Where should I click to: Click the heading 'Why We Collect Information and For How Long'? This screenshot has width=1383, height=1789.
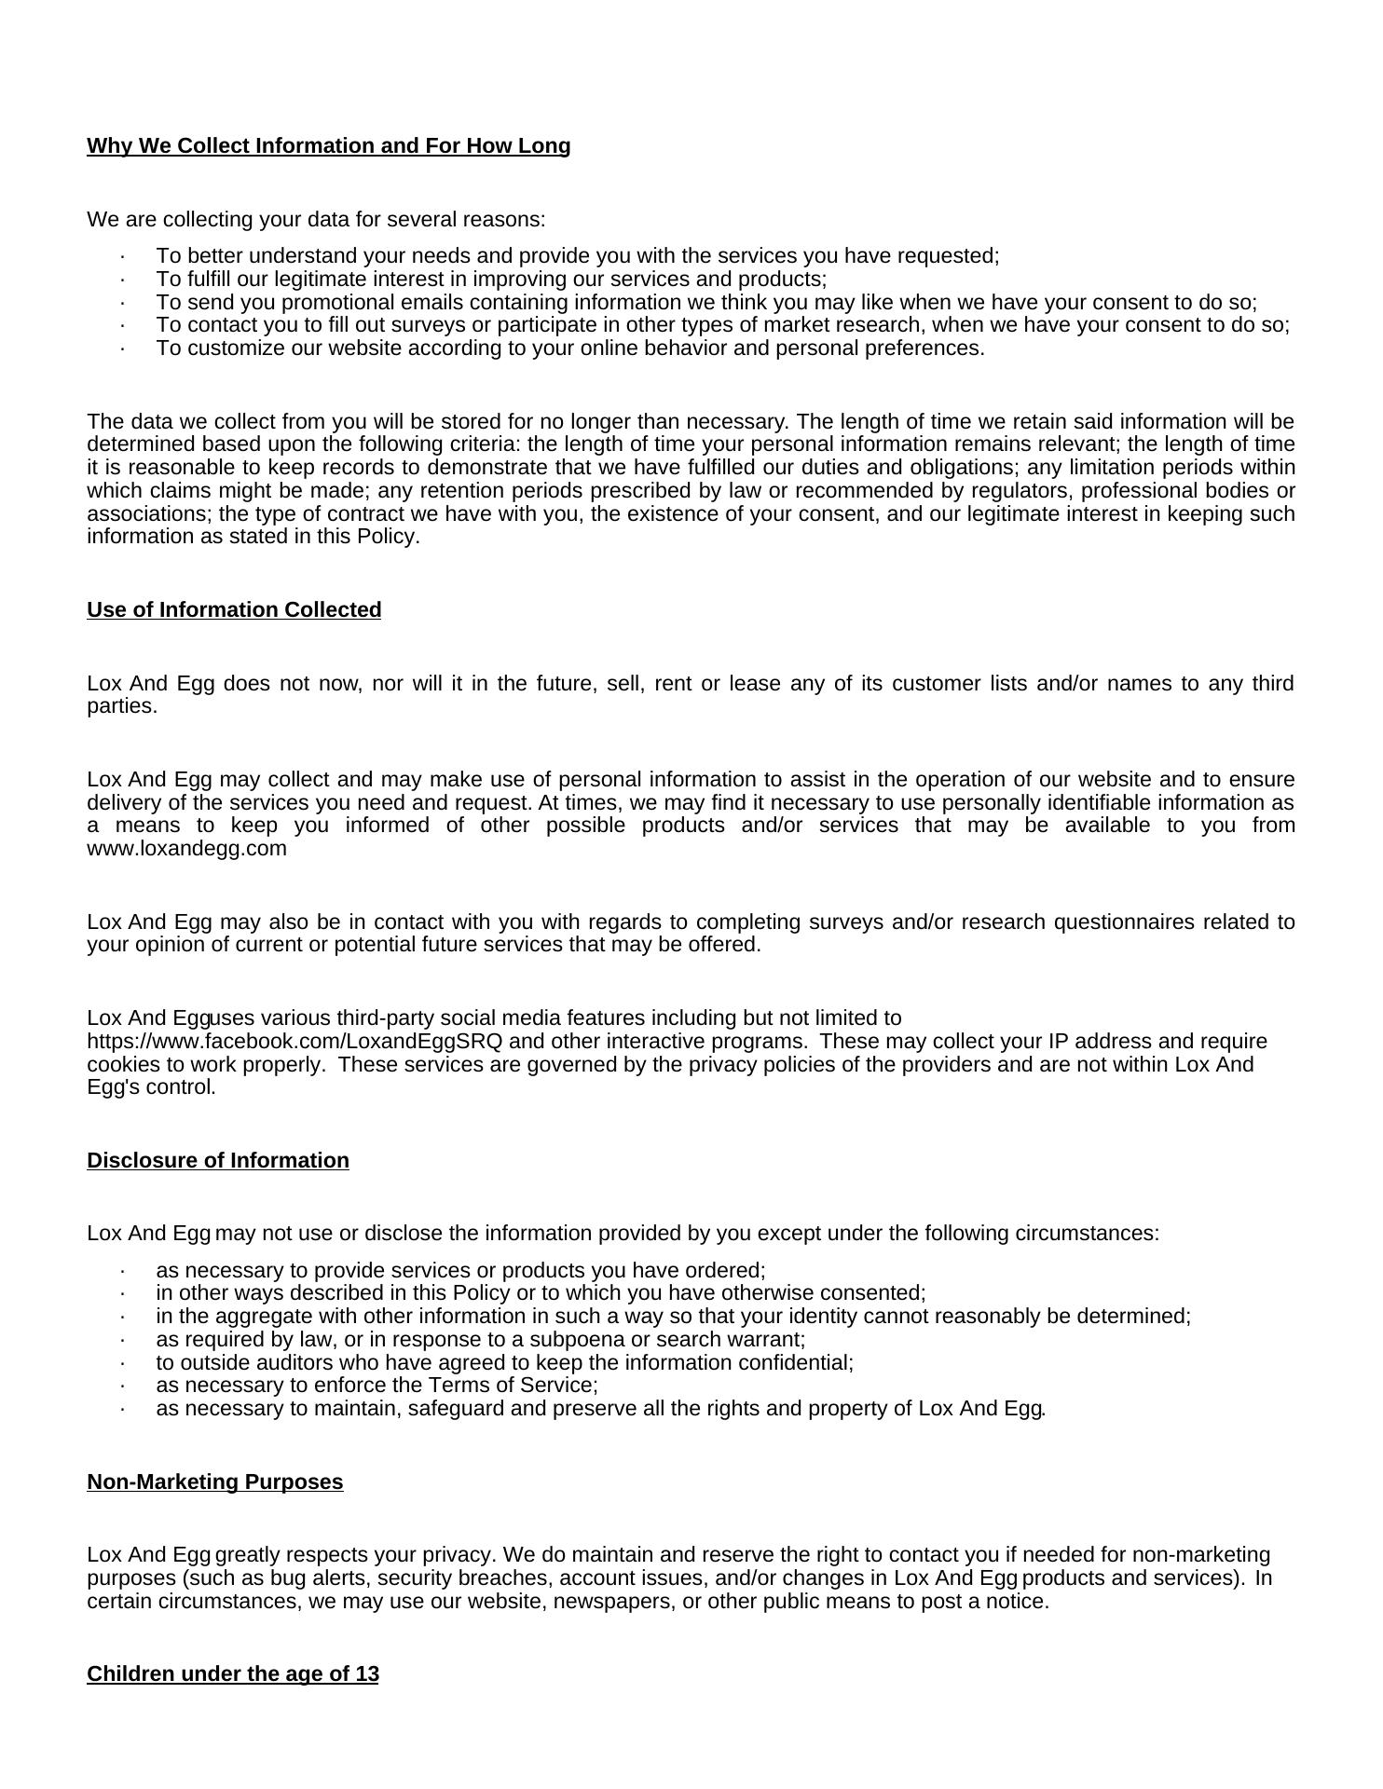tap(328, 146)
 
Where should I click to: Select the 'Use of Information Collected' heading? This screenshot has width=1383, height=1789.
tap(234, 610)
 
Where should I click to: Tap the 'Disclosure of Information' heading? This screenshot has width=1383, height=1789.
tap(218, 1161)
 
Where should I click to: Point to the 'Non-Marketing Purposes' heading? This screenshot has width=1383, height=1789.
tap(215, 1482)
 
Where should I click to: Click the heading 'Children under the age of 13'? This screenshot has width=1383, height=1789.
tap(233, 1674)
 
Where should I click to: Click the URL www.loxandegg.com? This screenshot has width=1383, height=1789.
tap(187, 850)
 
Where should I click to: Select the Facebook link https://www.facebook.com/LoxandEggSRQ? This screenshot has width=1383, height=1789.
tap(294, 1042)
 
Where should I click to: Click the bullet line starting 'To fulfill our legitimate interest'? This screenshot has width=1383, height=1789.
tap(491, 280)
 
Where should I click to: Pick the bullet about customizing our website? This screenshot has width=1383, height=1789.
tap(570, 348)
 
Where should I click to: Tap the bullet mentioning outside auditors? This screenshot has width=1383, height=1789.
tap(504, 1363)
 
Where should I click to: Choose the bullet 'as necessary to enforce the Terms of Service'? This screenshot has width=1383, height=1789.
tap(377, 1386)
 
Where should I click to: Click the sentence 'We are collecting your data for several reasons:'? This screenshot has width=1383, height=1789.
tap(316, 220)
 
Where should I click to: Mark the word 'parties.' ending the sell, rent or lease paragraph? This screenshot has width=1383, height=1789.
tap(122, 706)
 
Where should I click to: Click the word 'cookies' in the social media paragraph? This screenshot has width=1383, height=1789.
tap(122, 1065)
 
